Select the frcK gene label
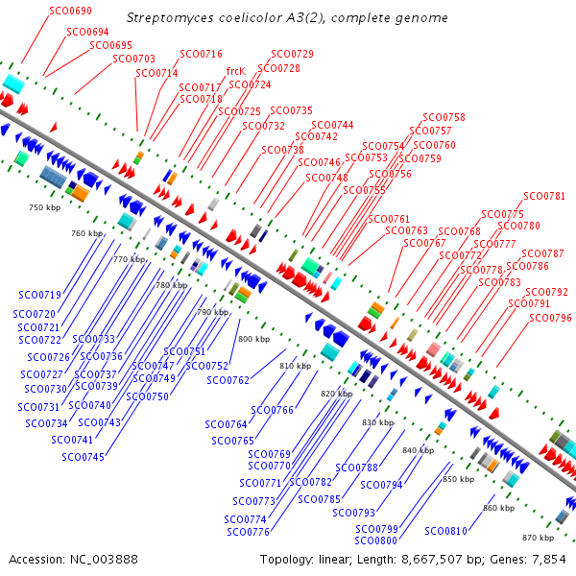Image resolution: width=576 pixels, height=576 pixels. pyautogui.click(x=236, y=70)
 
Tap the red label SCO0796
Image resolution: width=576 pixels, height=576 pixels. pyautogui.click(x=550, y=318)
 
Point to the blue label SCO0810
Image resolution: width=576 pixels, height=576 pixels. pyautogui.click(x=445, y=531)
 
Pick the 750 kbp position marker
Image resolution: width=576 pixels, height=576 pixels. pyautogui.click(x=44, y=207)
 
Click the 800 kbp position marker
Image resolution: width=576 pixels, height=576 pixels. pyautogui.click(x=254, y=339)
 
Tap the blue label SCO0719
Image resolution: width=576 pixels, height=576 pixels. pyautogui.click(x=39, y=295)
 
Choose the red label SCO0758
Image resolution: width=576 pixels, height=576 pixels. pyautogui.click(x=443, y=117)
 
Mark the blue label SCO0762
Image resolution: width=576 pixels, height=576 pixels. pyautogui.click(x=228, y=381)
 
